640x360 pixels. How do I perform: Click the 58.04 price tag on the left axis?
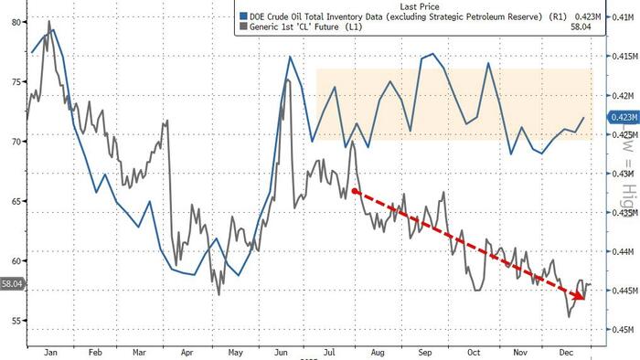coord(13,285)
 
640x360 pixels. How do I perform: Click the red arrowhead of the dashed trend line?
coord(581,294)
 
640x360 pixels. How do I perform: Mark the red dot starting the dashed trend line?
coord(355,191)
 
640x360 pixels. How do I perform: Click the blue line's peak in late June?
coord(291,57)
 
